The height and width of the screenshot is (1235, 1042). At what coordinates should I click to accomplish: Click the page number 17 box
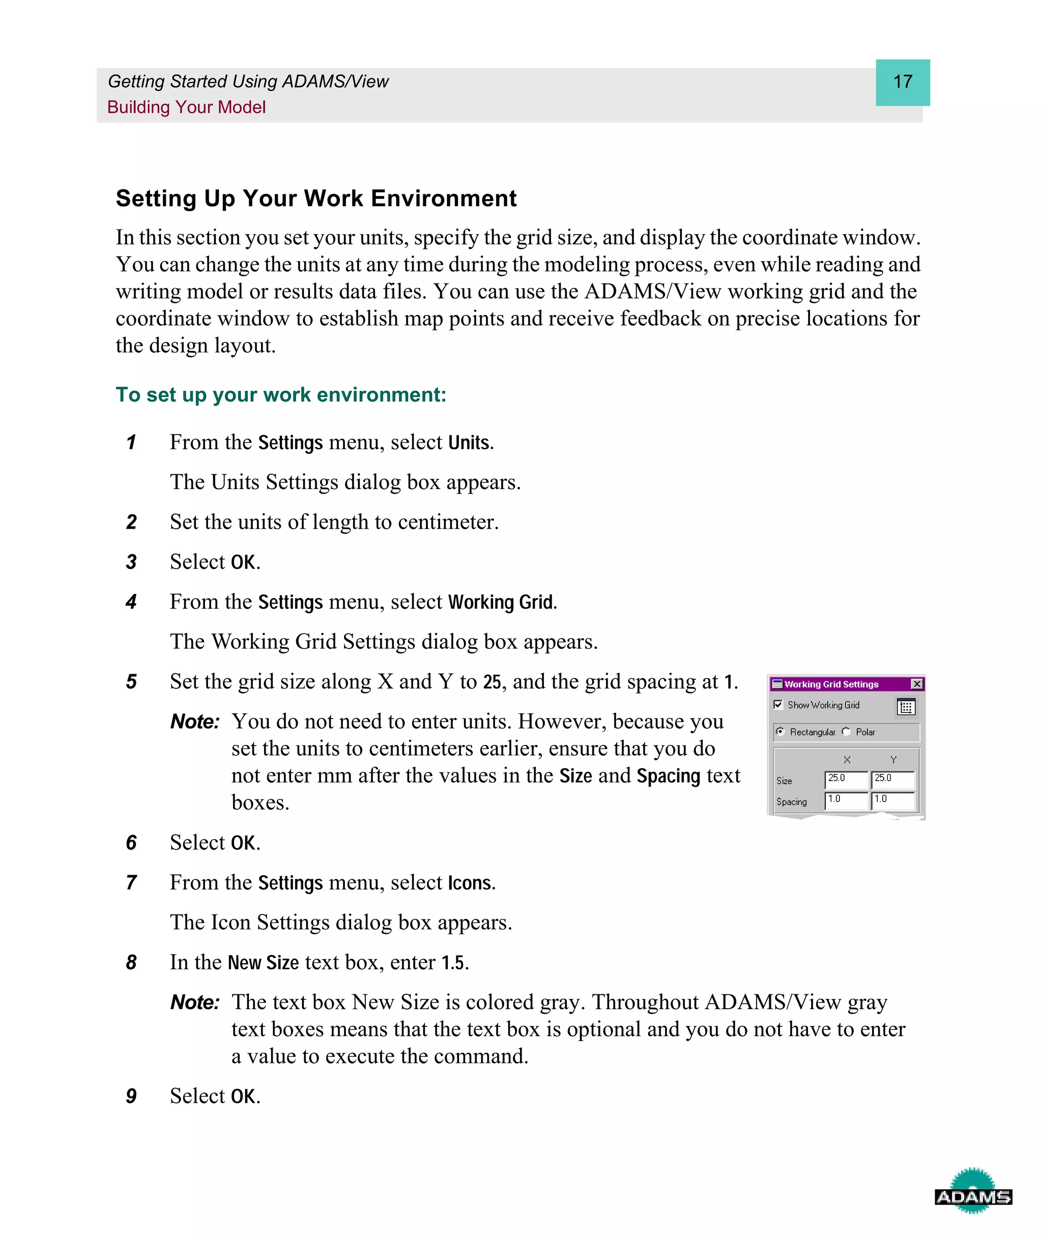[902, 82]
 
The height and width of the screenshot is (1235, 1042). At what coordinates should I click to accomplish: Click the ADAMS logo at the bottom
[973, 1197]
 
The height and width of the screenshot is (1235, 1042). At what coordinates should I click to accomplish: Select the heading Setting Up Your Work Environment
[316, 198]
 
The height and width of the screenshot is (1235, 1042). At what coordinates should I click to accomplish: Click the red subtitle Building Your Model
[186, 107]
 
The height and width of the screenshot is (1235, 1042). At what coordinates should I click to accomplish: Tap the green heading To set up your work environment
[280, 394]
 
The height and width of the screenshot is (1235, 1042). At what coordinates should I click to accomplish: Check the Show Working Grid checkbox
[778, 705]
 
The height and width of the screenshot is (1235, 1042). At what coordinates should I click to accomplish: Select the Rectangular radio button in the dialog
[780, 732]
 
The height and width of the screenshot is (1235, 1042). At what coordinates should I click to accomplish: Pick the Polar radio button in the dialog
[847, 732]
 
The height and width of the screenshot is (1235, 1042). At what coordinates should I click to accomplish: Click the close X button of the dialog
[917, 684]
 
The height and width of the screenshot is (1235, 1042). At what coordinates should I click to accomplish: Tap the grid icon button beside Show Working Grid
[906, 707]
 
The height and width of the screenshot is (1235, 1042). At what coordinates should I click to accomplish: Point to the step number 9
[131, 1096]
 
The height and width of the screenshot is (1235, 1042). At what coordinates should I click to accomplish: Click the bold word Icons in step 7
[470, 883]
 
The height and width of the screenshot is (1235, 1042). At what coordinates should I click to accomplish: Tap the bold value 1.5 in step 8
[453, 963]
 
